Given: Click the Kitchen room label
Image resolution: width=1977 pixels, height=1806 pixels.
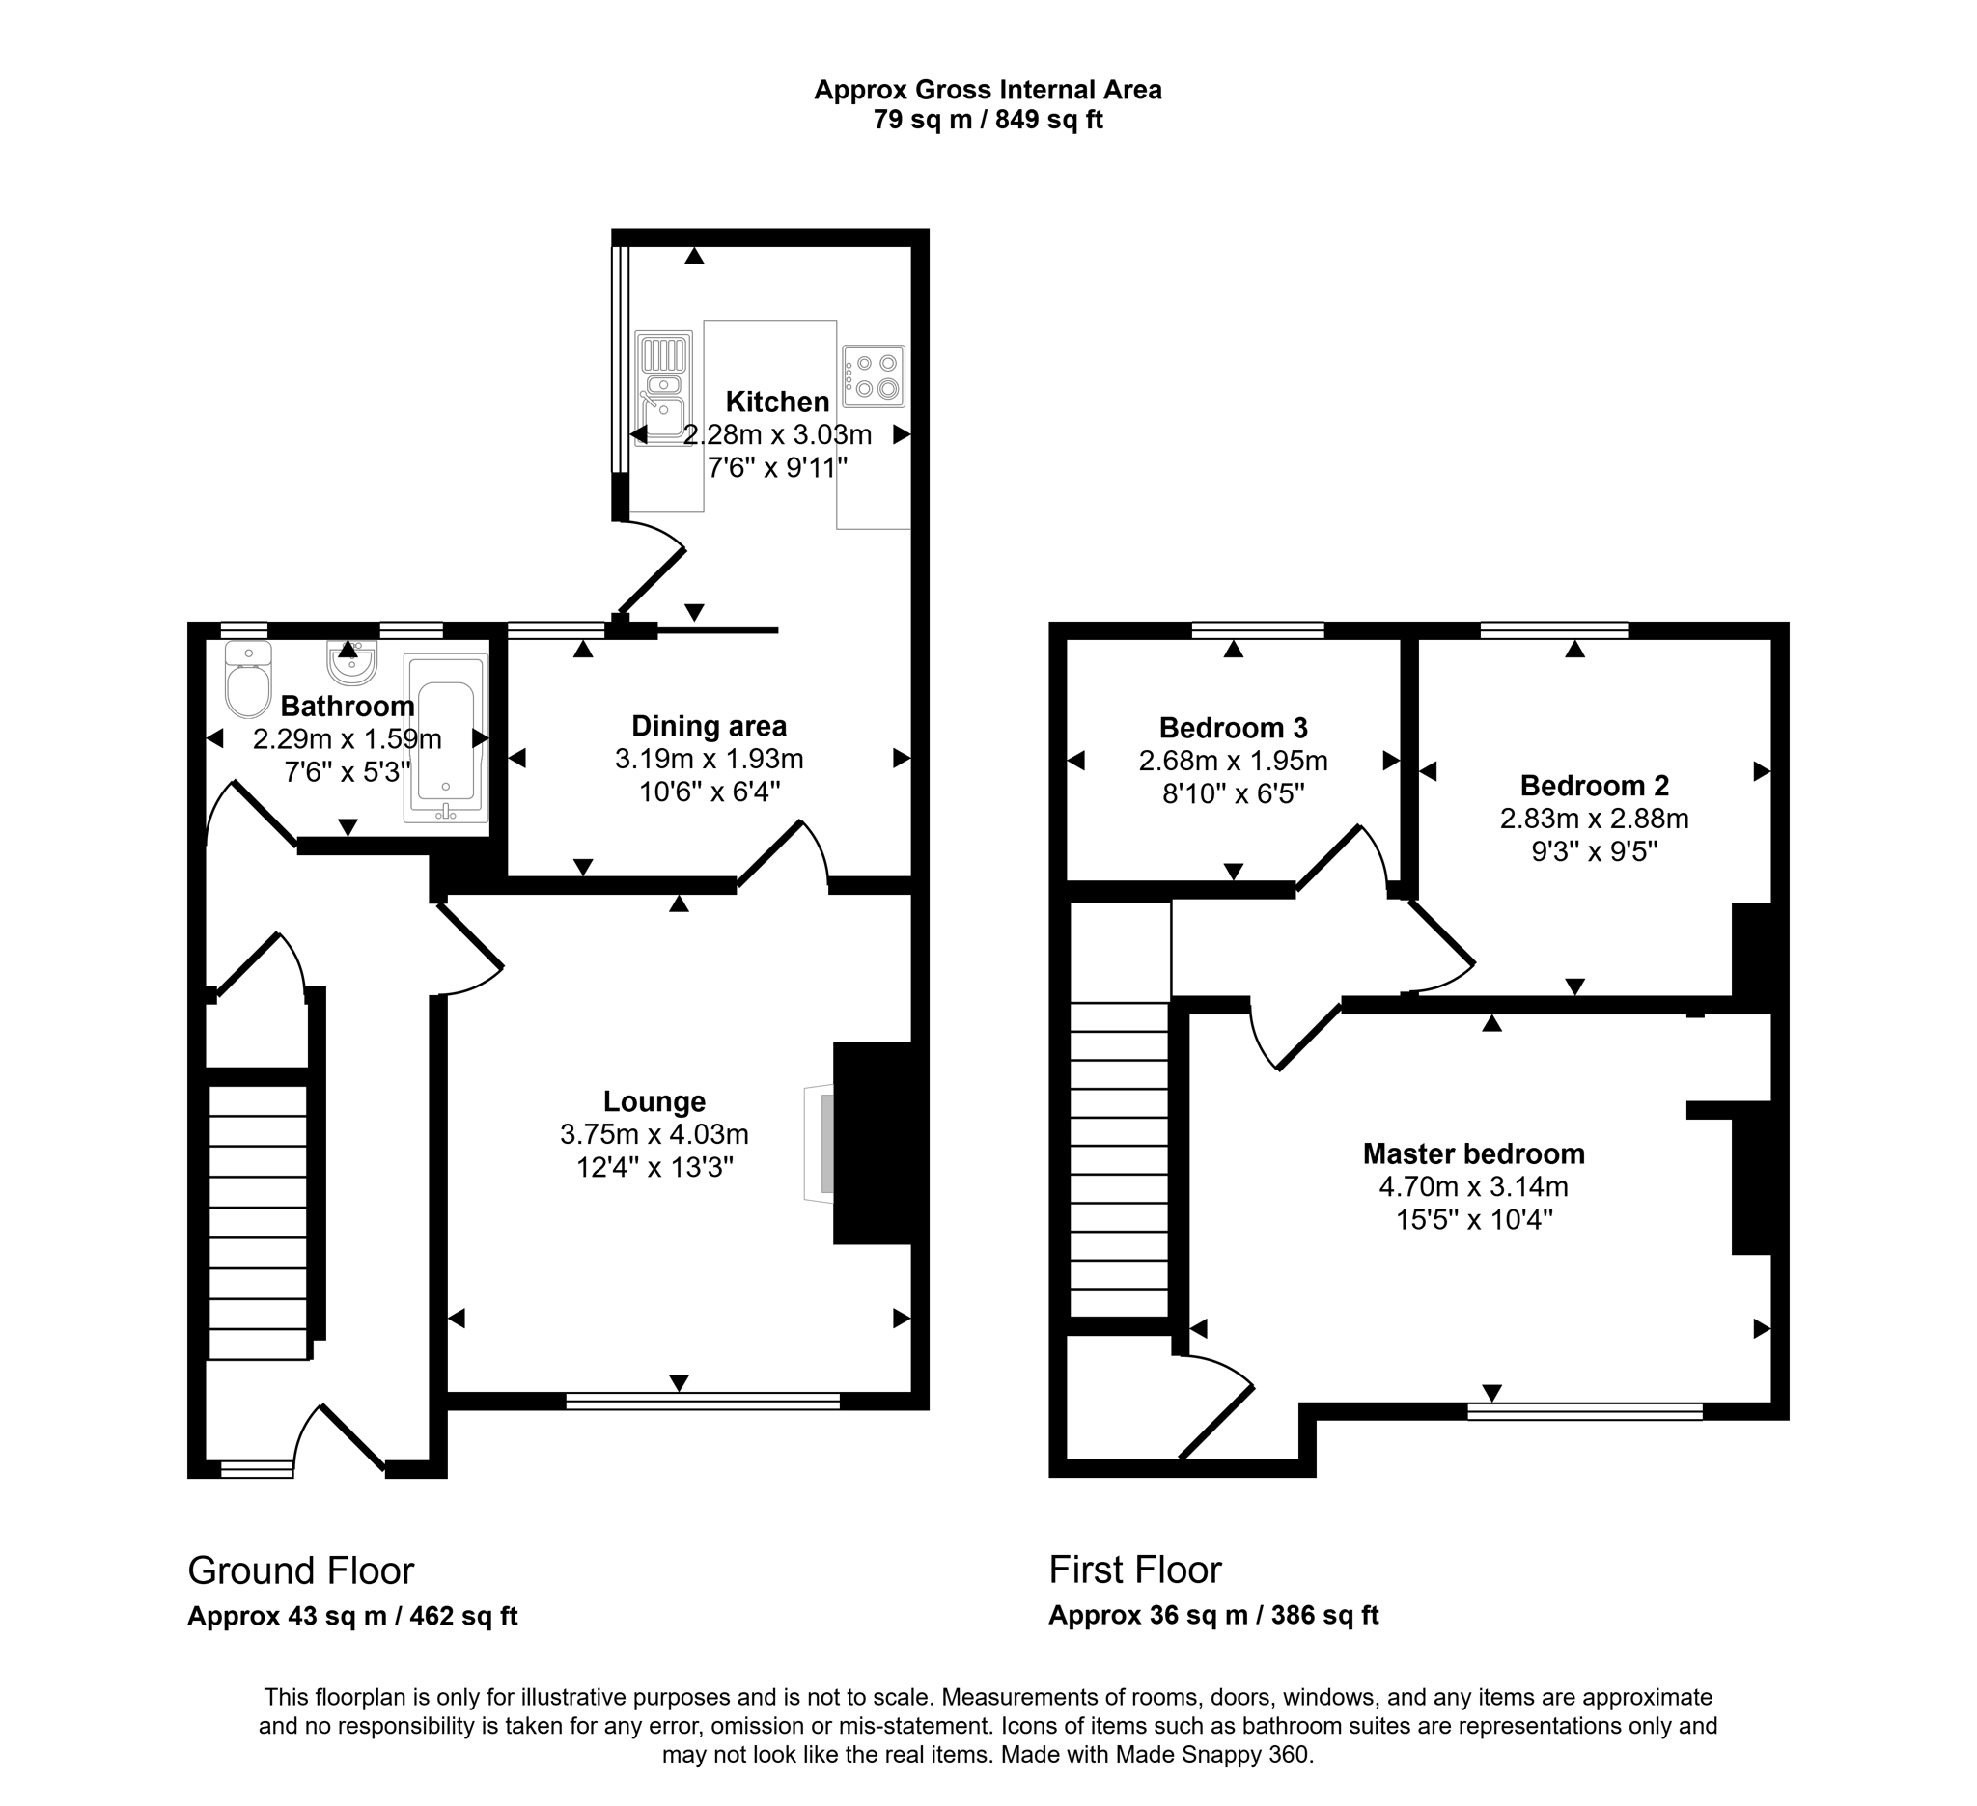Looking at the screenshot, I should (x=777, y=402).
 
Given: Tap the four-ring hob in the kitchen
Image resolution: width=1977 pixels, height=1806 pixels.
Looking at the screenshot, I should (x=873, y=376).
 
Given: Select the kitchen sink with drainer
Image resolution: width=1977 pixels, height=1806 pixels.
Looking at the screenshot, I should (x=664, y=388).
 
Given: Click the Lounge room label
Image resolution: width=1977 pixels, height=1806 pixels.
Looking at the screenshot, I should (x=654, y=1101).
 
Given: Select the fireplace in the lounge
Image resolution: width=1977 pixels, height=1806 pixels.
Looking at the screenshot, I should (x=871, y=1143).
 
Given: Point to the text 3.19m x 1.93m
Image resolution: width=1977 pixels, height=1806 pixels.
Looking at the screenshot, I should (x=709, y=759).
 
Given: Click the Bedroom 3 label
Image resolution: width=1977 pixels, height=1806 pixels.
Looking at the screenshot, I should (x=1233, y=728).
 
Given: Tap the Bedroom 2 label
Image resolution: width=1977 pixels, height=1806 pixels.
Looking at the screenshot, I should (x=1594, y=786).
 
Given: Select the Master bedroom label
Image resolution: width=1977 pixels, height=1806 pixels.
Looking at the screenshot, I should (x=1473, y=1154).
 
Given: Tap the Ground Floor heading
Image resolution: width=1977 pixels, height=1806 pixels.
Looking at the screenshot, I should (x=301, y=1570).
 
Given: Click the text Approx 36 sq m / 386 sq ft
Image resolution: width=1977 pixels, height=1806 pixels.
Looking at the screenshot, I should (x=1213, y=1616).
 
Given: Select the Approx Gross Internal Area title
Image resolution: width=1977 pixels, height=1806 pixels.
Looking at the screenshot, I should (x=988, y=90).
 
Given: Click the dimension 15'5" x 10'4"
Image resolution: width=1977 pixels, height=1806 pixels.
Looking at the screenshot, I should (x=1473, y=1220).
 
